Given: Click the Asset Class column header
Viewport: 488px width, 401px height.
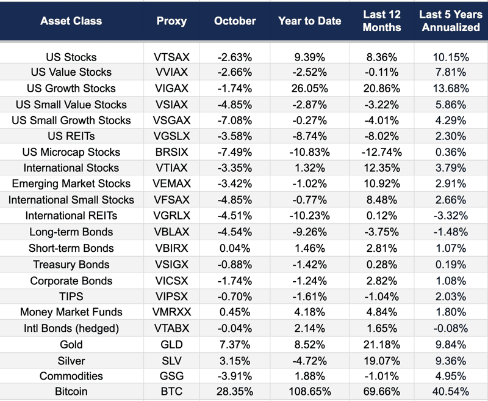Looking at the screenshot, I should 71,21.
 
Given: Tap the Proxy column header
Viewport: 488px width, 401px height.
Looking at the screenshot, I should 171,21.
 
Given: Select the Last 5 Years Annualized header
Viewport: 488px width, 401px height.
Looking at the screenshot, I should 450,21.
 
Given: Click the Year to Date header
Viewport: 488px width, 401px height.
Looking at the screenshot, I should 309,21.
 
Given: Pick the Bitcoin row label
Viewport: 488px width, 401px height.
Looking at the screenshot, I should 71,391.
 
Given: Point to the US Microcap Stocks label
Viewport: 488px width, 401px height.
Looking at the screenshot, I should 71,152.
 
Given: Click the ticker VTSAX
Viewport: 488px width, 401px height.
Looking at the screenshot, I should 171,57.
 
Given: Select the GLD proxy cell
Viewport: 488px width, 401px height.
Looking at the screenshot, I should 171,344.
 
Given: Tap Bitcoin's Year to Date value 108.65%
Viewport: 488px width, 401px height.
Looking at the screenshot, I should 309,391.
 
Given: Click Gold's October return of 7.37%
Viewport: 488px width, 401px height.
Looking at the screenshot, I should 235,344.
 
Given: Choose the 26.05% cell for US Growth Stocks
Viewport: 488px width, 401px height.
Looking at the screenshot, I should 309,89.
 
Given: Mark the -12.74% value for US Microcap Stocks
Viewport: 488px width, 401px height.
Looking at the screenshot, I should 382,152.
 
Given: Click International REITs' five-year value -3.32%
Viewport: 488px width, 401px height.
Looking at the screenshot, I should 450,216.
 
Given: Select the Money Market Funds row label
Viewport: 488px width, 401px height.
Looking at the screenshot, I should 71,312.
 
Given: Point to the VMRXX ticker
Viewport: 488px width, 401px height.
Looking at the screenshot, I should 171,312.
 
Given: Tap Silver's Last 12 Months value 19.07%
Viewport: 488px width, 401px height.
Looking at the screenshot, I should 382,361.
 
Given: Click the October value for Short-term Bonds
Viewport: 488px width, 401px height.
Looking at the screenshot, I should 235,248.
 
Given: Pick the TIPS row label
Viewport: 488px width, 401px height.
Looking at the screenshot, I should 71,296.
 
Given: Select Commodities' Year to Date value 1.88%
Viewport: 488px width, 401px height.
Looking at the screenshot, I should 309,376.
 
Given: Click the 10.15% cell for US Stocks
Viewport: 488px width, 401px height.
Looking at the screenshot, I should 450,57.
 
